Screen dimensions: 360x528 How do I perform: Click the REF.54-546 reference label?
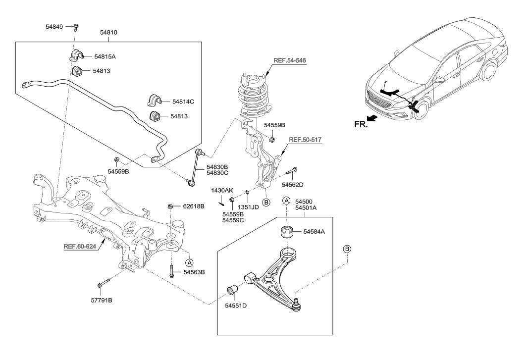click(x=290, y=60)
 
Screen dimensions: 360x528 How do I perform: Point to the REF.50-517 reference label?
click(x=305, y=140)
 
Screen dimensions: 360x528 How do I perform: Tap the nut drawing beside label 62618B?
click(x=171, y=206)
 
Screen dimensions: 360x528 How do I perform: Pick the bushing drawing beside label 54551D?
click(x=233, y=290)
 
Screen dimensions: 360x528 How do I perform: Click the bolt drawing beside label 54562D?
click(x=292, y=172)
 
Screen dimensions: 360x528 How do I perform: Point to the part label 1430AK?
click(x=221, y=190)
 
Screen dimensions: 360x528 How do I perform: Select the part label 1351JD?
click(x=249, y=207)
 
